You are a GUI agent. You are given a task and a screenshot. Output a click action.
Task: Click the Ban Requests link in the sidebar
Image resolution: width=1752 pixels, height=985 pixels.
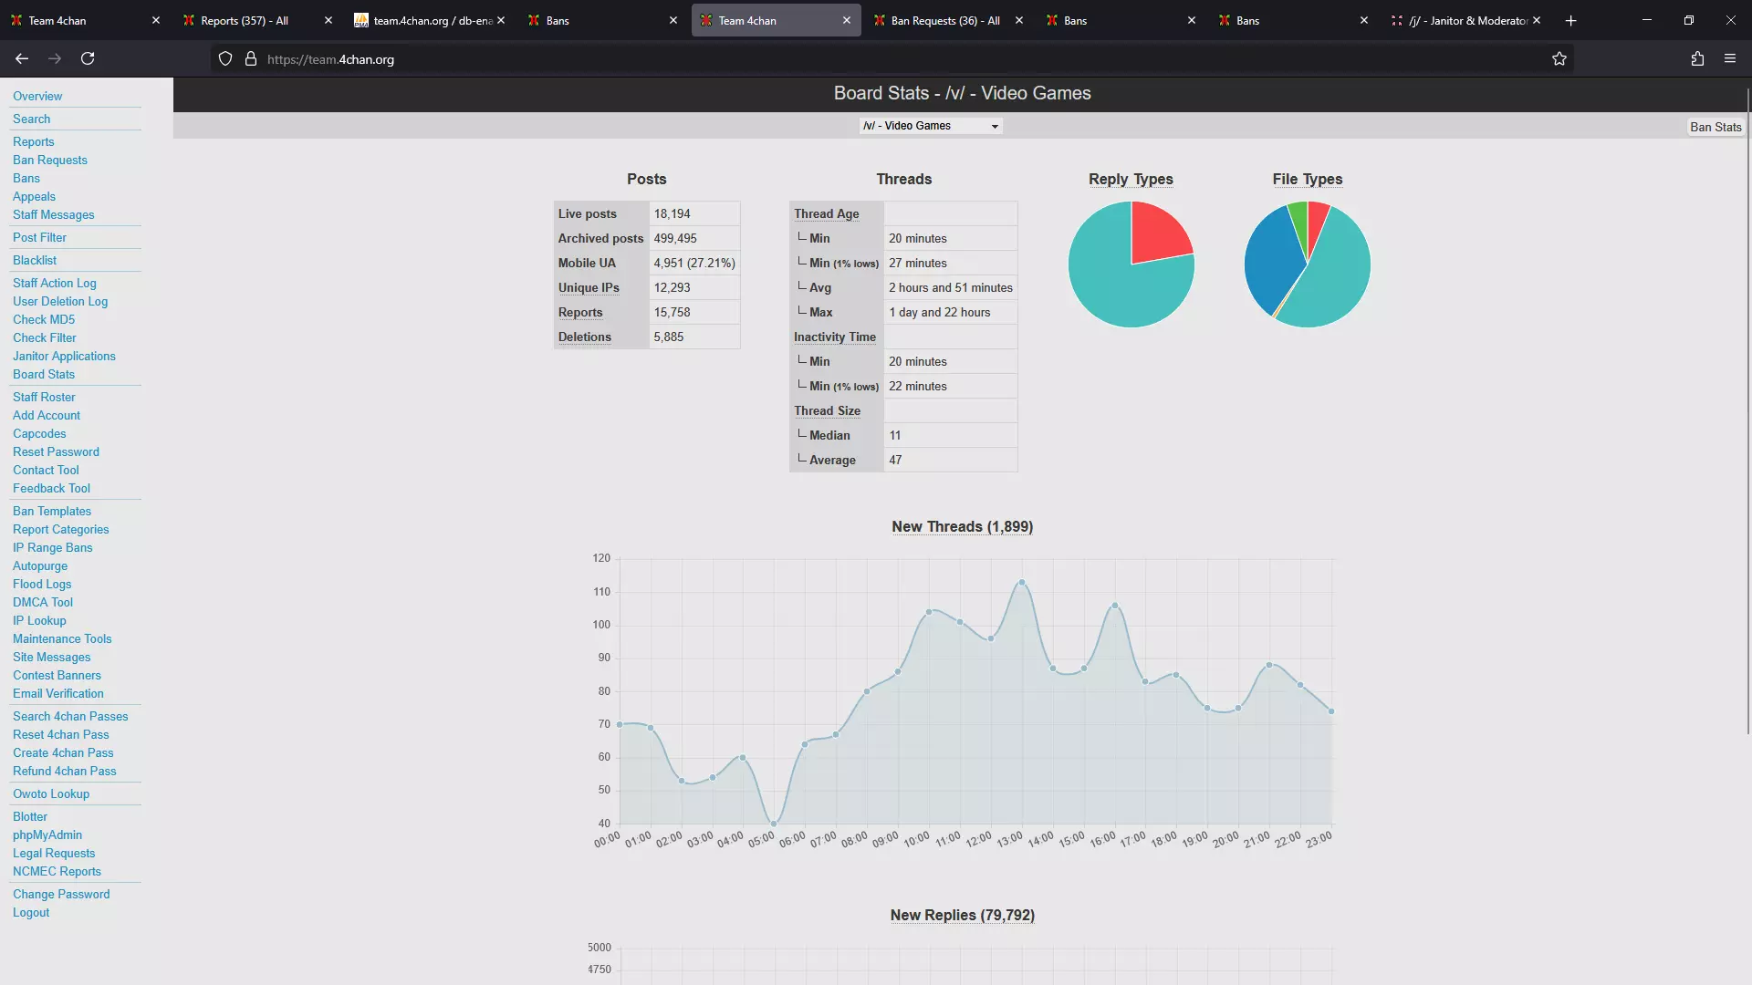coord(50,160)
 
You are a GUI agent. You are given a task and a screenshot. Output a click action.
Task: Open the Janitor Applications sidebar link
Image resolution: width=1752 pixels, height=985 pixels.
coord(64,356)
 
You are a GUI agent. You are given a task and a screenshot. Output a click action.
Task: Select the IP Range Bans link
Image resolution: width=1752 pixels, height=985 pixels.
coord(52,547)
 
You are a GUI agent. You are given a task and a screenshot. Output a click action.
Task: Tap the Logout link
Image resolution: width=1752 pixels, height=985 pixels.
coord(31,912)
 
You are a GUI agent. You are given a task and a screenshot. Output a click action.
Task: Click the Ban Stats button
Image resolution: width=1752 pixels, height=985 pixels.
coord(1715,127)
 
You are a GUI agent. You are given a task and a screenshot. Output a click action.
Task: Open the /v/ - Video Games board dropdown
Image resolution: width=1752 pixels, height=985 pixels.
coord(931,126)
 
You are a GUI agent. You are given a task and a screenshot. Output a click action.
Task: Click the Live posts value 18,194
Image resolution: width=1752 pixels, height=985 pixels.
coord(673,213)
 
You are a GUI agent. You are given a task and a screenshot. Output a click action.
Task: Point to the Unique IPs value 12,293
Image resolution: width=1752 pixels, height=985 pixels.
coord(673,287)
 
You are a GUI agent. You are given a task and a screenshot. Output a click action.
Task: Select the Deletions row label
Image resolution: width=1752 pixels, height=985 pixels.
coord(585,337)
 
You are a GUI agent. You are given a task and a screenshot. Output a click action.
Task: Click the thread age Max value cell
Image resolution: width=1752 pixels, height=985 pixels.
coord(940,312)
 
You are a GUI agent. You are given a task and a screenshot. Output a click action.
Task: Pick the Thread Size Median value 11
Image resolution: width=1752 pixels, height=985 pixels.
coord(895,435)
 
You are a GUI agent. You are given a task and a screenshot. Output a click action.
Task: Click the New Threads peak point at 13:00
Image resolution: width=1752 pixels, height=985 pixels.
coord(1022,582)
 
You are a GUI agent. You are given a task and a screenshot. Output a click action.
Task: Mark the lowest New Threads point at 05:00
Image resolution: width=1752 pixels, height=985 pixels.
coord(774,824)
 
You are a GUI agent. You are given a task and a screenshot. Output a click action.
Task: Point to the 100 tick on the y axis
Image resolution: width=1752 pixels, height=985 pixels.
coord(601,625)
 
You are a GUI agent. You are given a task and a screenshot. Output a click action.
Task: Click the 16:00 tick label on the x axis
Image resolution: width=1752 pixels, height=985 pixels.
coord(1102,839)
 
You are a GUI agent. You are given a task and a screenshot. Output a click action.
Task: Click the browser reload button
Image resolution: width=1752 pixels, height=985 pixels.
coord(88,58)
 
